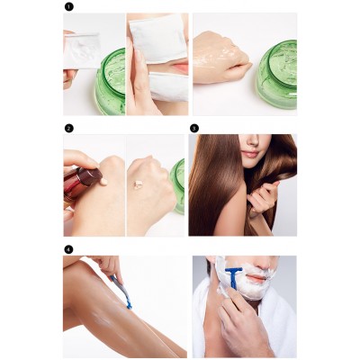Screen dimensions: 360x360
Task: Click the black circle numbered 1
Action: tap(68, 6)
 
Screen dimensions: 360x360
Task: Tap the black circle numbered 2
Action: tap(68, 129)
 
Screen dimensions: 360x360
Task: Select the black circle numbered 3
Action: tap(194, 129)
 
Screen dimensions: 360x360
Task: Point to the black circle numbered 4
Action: tap(68, 249)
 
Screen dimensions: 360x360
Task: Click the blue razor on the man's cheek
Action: tap(233, 277)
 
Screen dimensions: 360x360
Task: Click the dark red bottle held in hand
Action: tap(78, 184)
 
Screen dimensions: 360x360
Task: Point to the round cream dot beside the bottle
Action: tap(103, 181)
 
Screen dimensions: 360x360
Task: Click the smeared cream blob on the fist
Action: tap(138, 184)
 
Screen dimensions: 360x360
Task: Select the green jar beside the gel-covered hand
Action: tap(277, 74)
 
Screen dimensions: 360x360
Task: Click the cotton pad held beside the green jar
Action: tap(81, 51)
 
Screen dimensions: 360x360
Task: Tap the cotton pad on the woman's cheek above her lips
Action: tap(158, 38)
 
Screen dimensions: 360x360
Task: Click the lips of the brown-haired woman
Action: tap(249, 154)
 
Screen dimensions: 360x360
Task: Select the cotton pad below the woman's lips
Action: tap(168, 87)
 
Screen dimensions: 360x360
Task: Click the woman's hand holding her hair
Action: tap(262, 195)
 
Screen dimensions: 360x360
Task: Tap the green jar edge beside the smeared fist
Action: tap(178, 186)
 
